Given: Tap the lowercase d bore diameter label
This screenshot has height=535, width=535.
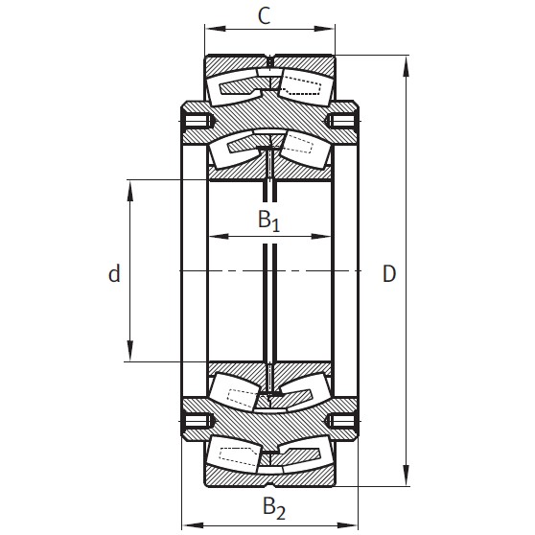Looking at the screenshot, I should tap(114, 275).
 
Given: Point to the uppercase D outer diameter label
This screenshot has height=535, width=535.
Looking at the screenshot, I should tap(388, 275).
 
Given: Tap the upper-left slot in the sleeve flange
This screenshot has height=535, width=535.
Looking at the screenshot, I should tap(198, 122).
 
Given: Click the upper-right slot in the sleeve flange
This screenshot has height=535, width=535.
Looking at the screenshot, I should tap(340, 122).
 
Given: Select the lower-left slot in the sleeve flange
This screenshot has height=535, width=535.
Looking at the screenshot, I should tap(198, 418).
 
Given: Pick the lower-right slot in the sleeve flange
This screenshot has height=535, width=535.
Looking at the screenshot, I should tap(340, 418).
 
